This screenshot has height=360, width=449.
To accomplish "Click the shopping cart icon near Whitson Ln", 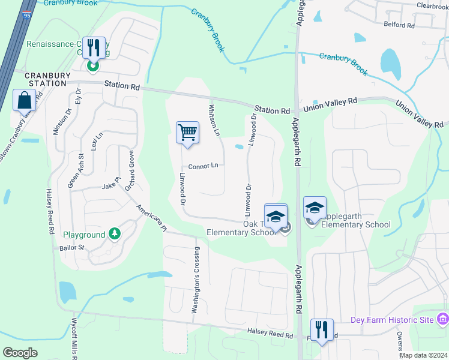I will click(187, 132).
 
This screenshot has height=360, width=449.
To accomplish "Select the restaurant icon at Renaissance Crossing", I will click(92, 48).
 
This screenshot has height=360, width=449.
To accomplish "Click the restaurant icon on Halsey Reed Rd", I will click(321, 329).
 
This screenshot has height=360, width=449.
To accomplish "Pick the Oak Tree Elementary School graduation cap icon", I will click(276, 215).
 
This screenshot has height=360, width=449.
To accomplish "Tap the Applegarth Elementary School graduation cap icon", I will click(315, 208).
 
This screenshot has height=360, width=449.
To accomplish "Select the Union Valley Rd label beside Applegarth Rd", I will click(330, 105).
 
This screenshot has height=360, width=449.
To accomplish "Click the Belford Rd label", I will click(399, 25).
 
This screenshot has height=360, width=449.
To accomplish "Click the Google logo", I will click(19, 353).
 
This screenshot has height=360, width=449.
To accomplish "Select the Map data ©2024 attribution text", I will click(423, 355).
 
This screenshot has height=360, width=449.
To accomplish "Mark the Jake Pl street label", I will click(112, 186).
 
